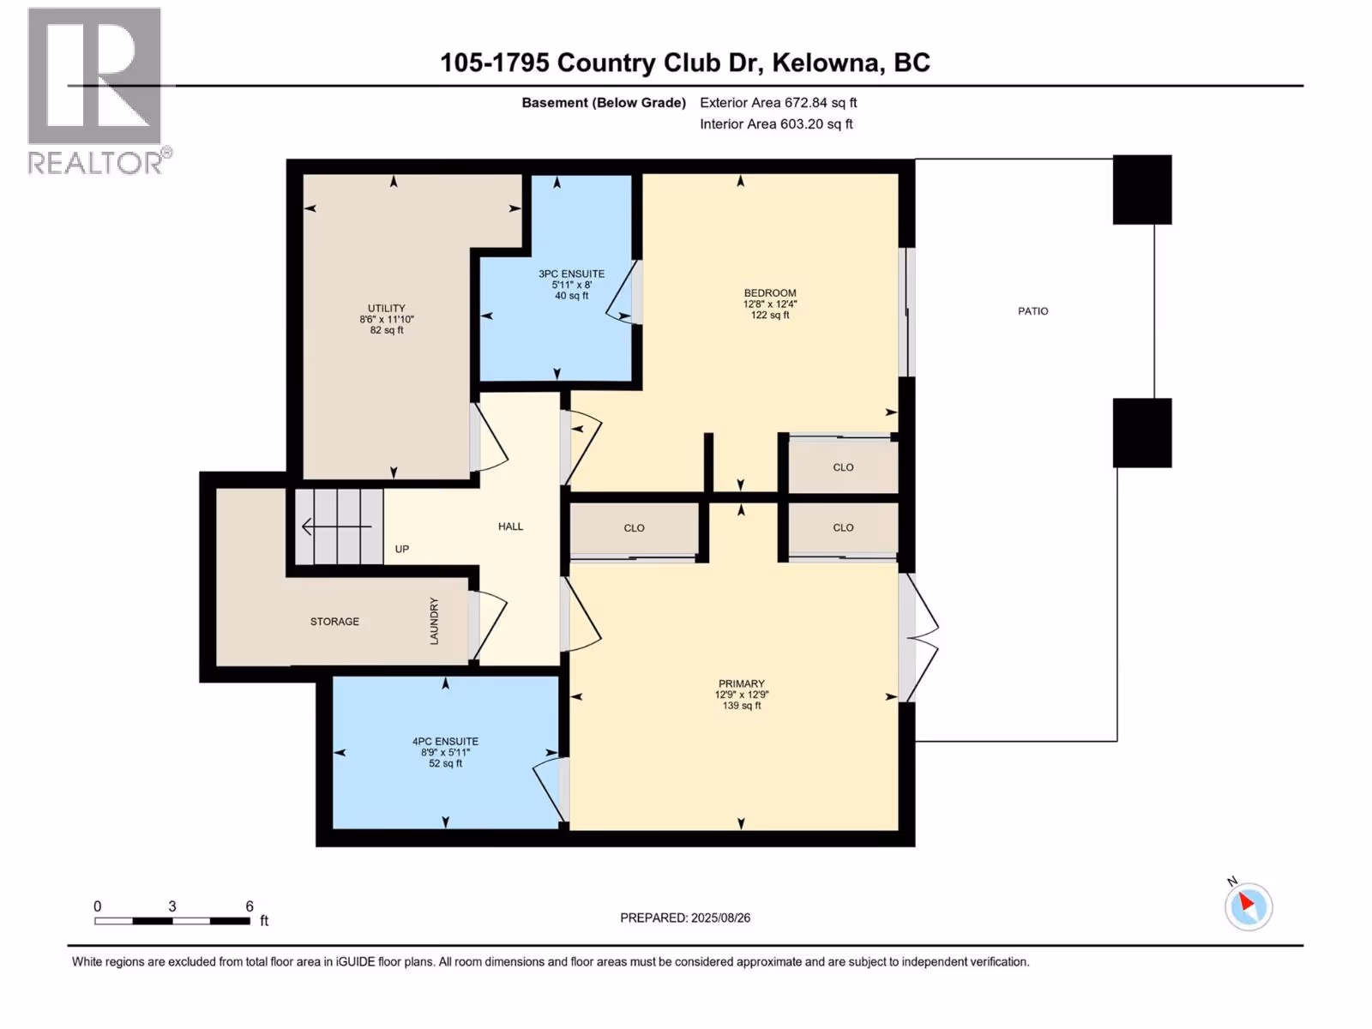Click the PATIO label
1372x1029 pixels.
point(1032,311)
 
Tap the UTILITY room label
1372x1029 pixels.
point(386,308)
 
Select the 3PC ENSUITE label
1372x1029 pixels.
point(571,274)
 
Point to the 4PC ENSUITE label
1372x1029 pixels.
point(445,741)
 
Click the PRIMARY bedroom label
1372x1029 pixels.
point(742,683)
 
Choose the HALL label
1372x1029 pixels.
point(510,527)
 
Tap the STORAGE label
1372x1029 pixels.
point(334,622)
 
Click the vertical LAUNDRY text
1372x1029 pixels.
point(434,621)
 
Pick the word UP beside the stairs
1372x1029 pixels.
point(402,549)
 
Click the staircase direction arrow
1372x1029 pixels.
point(337,527)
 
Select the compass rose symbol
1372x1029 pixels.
point(1249,907)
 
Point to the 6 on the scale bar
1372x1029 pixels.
point(250,906)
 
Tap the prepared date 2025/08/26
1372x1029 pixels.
point(720,918)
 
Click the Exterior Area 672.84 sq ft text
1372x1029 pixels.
point(779,102)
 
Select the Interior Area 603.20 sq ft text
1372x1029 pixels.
point(776,123)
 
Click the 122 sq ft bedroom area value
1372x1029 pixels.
point(770,315)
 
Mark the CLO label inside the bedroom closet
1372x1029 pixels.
point(843,467)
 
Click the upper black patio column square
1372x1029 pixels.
point(1142,190)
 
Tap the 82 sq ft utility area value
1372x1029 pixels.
point(386,330)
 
